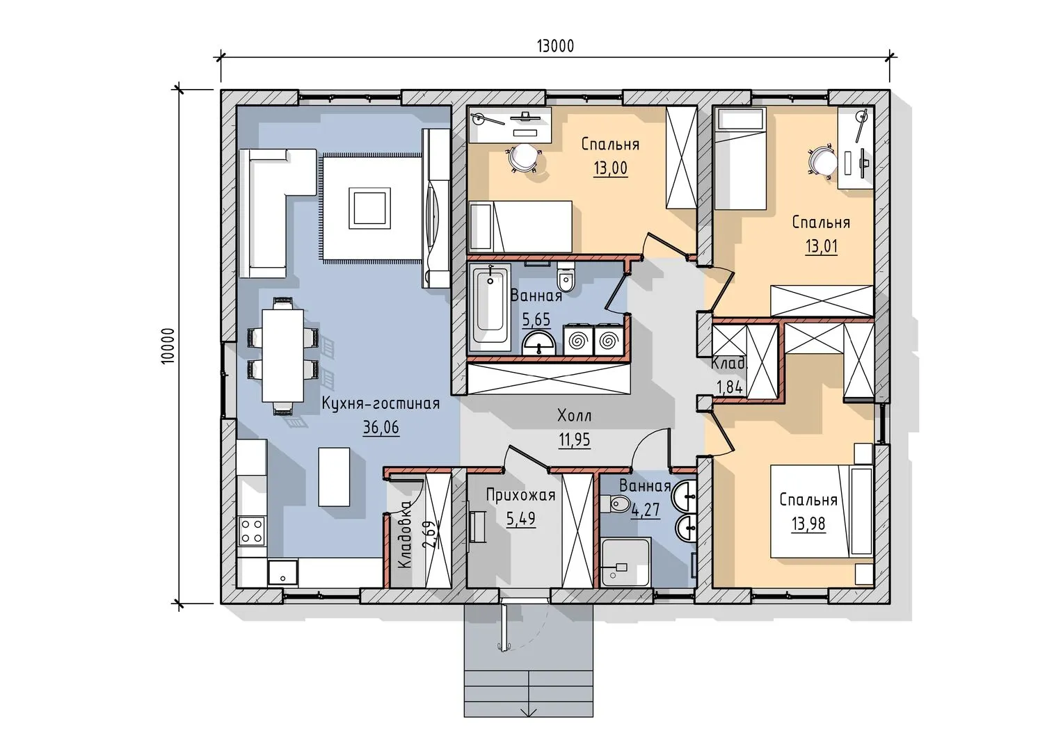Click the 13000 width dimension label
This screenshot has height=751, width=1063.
pos(555,46)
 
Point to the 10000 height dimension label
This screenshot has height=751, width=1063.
pos(168,346)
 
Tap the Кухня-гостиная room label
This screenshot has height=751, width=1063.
pos(381,404)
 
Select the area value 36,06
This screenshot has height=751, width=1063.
pos(381,428)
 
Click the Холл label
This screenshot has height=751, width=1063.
pos(575,416)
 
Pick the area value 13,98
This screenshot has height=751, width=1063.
pos(808,524)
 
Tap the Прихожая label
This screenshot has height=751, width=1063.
pos(520,496)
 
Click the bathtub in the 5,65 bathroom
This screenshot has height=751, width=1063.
pos(490,307)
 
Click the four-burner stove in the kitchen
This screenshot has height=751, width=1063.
pos(252,531)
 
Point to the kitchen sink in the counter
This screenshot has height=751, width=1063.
pos(283,572)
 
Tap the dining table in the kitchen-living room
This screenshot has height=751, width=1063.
pos(283,355)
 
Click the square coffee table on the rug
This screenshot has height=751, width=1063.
pos(369,208)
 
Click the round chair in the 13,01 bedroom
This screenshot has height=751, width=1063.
pos(824,161)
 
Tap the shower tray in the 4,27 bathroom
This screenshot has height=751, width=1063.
pos(625,563)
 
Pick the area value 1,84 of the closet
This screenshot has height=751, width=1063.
pos(729,387)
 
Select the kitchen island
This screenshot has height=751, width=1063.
pos(334,476)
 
